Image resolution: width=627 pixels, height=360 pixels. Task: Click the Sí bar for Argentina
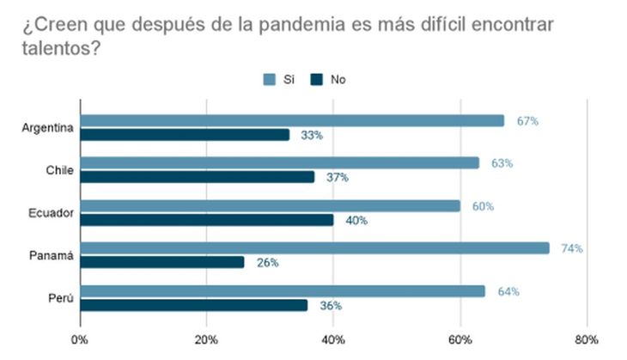tap(292, 120)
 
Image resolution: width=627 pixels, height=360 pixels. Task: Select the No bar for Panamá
tap(162, 262)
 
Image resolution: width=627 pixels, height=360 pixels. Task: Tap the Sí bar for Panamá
tap(314, 248)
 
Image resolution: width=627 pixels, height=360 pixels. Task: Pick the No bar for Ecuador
tap(207, 220)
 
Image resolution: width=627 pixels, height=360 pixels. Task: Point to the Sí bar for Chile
tap(279, 162)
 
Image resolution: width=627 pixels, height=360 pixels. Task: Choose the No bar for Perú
tap(194, 305)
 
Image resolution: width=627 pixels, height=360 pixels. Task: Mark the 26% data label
tap(267, 263)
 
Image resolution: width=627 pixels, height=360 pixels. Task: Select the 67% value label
tap(527, 121)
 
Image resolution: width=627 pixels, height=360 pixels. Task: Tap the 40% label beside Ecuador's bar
tap(356, 221)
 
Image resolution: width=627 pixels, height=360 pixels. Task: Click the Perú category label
tap(61, 298)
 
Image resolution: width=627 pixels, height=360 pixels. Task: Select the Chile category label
tap(58, 170)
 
